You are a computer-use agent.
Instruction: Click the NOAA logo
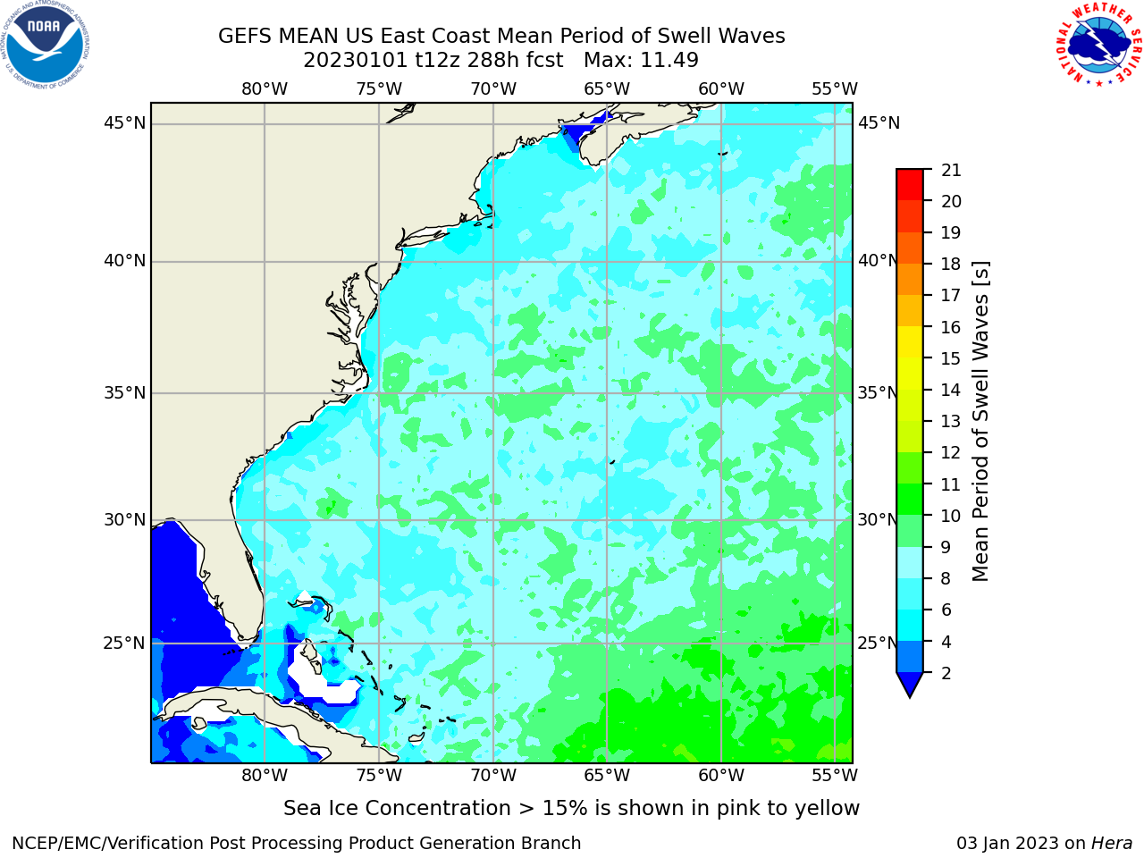[46, 45]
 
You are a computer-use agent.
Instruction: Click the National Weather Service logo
[1098, 45]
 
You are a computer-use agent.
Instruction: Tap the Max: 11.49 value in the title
[641, 61]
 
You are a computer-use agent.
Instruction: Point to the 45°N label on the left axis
[124, 123]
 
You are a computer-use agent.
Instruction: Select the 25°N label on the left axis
[124, 643]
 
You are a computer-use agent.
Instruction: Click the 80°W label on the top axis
[265, 89]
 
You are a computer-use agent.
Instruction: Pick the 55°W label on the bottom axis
[835, 776]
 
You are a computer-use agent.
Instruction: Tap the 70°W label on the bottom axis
[493, 776]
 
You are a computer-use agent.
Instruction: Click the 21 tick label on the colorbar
[951, 171]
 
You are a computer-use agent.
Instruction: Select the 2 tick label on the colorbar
[946, 673]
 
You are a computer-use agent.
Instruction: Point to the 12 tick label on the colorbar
[951, 453]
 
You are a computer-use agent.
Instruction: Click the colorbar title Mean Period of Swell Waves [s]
[980, 422]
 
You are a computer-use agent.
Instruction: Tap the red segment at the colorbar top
[910, 184]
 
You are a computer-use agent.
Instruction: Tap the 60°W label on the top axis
[721, 89]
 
